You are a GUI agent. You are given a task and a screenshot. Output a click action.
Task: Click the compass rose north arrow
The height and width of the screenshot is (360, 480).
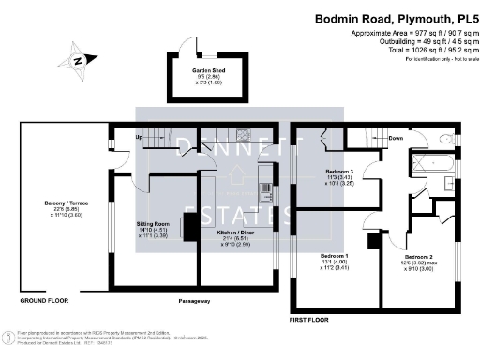click(x=78, y=61)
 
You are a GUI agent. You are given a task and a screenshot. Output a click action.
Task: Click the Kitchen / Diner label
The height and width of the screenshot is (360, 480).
click(x=234, y=231)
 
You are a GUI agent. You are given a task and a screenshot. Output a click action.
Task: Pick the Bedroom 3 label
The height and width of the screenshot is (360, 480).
click(x=338, y=172)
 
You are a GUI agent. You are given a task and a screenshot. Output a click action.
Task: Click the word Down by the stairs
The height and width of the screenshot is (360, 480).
click(x=396, y=139)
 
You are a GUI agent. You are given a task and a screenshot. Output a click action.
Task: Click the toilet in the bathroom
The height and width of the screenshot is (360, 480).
click(x=443, y=142)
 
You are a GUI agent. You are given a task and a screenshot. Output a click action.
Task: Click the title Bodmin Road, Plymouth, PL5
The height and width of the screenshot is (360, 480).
click(x=393, y=17)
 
